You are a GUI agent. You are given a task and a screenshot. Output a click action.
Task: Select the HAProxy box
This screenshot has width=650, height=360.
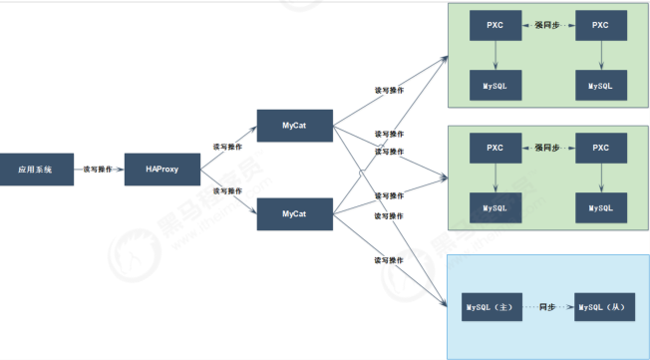coord(155,170)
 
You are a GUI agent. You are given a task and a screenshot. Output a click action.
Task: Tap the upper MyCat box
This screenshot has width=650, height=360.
coord(293,126)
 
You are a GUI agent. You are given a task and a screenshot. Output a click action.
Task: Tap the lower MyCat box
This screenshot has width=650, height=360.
coord(293,214)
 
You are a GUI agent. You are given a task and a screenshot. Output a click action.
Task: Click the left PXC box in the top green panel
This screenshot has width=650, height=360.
coord(495,24)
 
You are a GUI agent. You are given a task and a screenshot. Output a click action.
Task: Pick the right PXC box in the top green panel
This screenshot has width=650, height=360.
coord(600,24)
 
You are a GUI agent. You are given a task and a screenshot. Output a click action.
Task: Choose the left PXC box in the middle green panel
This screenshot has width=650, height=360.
coord(495,148)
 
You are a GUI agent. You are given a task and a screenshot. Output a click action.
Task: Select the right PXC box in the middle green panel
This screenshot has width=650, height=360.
coord(600,148)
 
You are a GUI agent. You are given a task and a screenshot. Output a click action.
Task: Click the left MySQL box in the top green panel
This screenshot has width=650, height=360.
coord(495,86)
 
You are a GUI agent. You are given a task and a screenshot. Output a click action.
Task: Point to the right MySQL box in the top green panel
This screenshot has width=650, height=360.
coord(600,86)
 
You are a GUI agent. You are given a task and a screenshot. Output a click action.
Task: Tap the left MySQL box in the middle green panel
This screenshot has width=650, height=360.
coord(495,207)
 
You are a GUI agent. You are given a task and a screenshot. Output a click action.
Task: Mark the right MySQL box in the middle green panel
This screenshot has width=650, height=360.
coord(600,207)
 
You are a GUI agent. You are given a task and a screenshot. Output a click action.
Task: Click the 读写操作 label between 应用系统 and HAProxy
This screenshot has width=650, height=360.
coord(98,170)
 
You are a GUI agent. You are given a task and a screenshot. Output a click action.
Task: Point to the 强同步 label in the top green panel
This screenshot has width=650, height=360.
coord(548,23)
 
